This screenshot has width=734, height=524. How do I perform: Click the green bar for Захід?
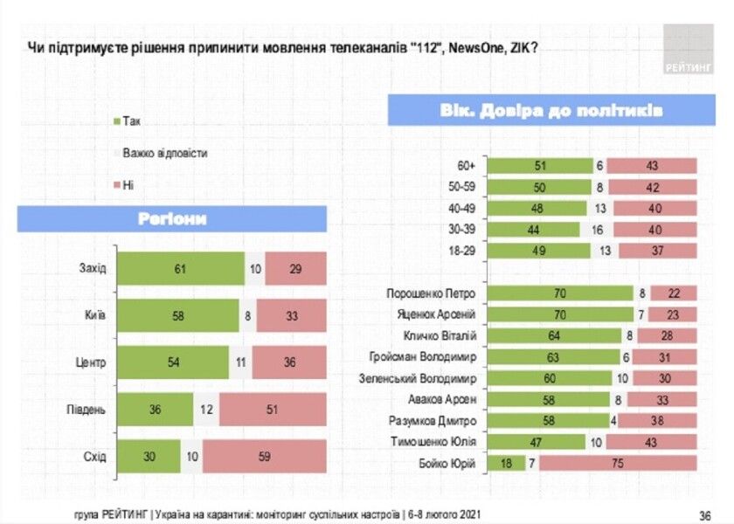(x=181, y=268)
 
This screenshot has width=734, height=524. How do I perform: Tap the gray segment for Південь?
(x=206, y=410)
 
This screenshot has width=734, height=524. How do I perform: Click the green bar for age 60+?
(x=540, y=165)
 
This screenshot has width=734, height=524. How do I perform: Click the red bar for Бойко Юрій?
(x=618, y=463)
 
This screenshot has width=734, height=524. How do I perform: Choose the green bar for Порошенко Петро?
(x=560, y=293)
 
